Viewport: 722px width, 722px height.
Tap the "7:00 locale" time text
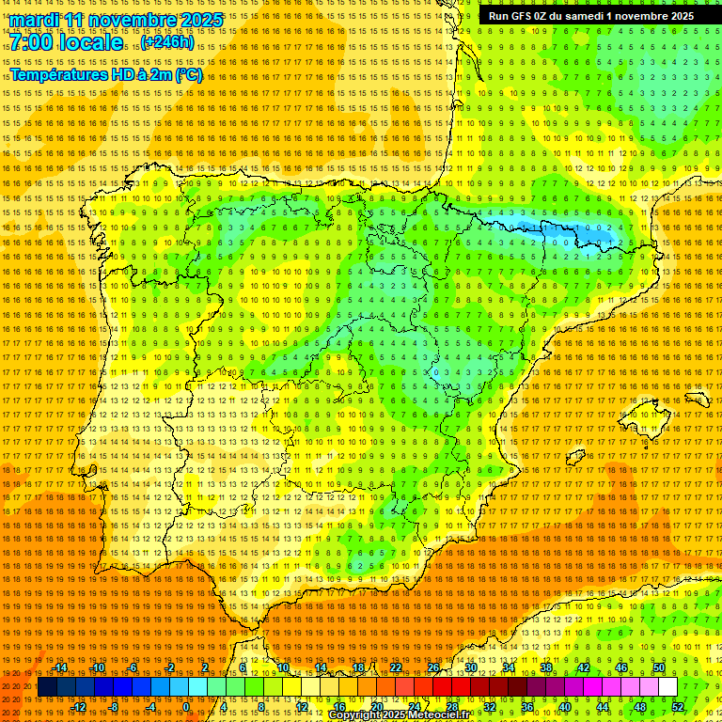click(66, 42)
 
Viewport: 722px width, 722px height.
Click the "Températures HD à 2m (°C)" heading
click(105, 74)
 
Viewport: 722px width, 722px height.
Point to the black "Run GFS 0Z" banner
click(590, 16)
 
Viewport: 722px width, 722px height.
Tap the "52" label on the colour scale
click(678, 707)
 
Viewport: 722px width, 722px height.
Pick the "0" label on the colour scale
click(186, 707)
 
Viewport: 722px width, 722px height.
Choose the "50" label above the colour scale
click(659, 667)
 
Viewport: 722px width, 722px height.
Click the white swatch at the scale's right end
click(667, 687)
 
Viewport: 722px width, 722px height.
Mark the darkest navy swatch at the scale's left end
click(47, 687)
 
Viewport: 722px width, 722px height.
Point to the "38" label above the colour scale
click(545, 667)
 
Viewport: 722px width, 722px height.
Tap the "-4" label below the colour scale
click(150, 707)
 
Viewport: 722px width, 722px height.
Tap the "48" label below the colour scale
click(640, 707)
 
